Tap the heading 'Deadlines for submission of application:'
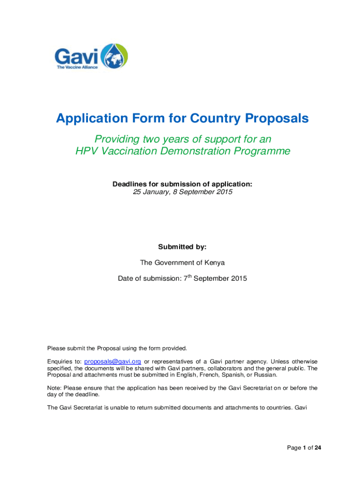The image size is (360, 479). click(x=182, y=184)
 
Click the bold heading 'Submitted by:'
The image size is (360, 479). click(x=182, y=246)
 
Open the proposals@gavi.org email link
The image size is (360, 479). click(x=113, y=362)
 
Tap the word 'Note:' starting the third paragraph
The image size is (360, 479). click(x=55, y=388)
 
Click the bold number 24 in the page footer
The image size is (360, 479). click(x=318, y=448)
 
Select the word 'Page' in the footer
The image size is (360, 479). click(x=294, y=448)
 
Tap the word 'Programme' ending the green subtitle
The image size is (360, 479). click(x=263, y=152)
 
